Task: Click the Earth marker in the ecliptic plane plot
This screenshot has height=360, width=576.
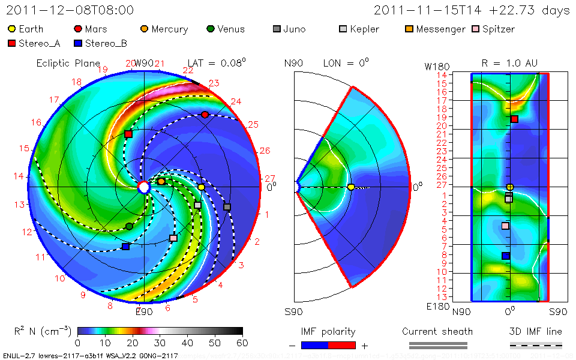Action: coord(202,187)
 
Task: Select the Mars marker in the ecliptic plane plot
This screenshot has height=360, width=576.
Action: coord(205,115)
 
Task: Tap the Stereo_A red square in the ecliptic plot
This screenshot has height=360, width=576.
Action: coord(128,134)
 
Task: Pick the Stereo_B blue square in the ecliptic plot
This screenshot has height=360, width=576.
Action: coord(125,247)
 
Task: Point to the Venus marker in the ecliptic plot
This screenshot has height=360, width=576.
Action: coord(129,226)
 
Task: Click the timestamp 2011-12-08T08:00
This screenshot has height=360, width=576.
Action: coord(70,10)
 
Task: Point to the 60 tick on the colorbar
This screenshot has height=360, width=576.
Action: coord(242,343)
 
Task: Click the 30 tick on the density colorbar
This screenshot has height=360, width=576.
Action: coord(160,343)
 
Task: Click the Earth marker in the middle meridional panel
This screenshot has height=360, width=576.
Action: coord(351,187)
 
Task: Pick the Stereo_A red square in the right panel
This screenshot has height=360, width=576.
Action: coord(514,119)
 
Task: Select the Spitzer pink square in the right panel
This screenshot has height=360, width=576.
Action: coord(505,226)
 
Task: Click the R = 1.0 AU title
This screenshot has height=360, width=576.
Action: coord(509,63)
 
